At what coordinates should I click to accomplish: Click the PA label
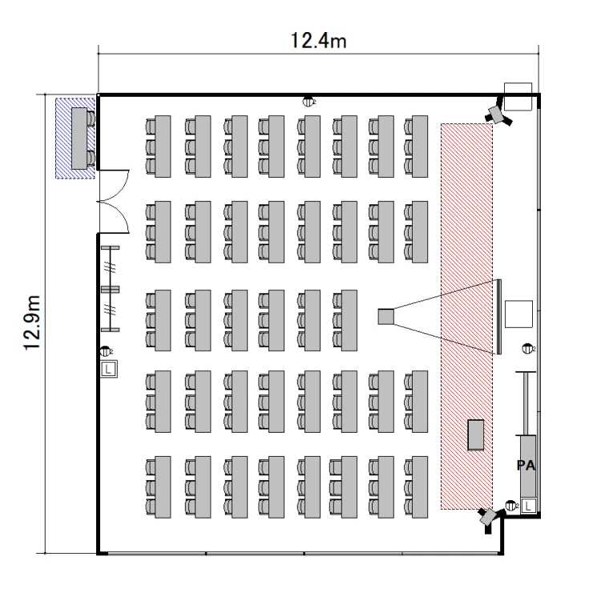(x=525, y=465)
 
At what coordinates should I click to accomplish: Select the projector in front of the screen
(x=386, y=317)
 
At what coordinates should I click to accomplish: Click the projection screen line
(x=498, y=317)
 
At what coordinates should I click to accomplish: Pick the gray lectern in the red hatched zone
(x=477, y=434)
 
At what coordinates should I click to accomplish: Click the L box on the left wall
(x=109, y=369)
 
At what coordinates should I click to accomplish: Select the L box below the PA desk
(x=529, y=504)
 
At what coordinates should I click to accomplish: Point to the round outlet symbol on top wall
(x=309, y=102)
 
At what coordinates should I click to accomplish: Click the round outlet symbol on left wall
(x=106, y=350)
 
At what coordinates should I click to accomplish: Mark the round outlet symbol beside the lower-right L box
(x=511, y=505)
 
